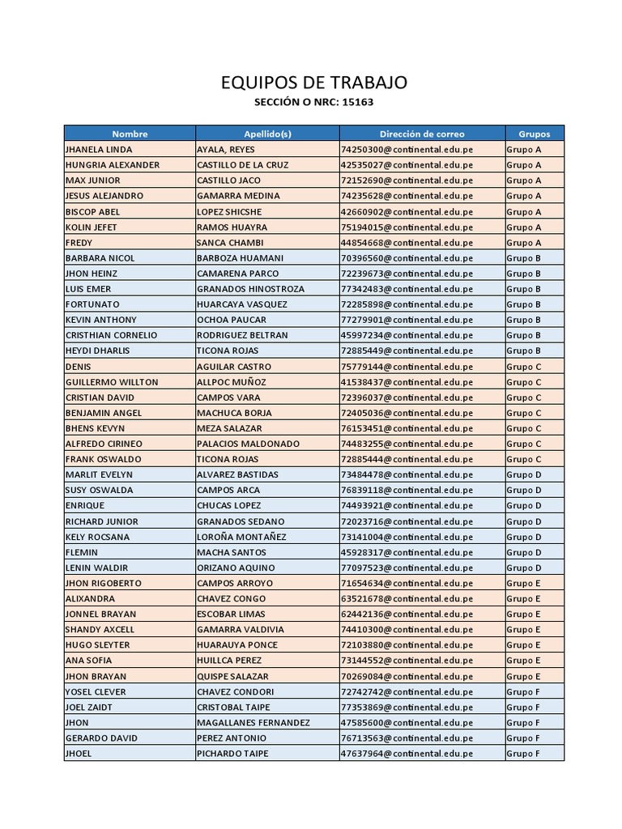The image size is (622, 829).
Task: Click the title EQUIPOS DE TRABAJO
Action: tap(314, 83)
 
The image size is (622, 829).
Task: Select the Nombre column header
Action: tap(130, 134)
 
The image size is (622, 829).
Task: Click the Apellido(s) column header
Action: tap(267, 134)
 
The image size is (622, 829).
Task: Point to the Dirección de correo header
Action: tap(422, 134)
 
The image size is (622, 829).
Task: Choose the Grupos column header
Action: tap(535, 134)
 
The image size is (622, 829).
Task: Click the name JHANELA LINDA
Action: tap(99, 150)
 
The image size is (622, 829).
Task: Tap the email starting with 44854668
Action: tap(407, 243)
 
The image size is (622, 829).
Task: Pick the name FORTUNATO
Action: tap(92, 304)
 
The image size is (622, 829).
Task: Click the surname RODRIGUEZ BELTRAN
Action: tap(242, 335)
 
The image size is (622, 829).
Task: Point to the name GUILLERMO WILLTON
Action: tap(112, 382)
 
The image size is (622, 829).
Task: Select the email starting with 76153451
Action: tap(407, 428)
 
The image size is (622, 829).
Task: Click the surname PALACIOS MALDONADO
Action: tap(248, 444)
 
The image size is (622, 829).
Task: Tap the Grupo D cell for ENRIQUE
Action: tap(524, 506)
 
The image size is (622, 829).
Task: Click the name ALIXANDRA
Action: tap(90, 599)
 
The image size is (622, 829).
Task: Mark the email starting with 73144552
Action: tap(407, 661)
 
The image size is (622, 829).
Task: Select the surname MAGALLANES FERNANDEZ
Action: tap(253, 722)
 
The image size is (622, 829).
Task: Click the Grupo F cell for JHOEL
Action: tap(523, 754)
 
